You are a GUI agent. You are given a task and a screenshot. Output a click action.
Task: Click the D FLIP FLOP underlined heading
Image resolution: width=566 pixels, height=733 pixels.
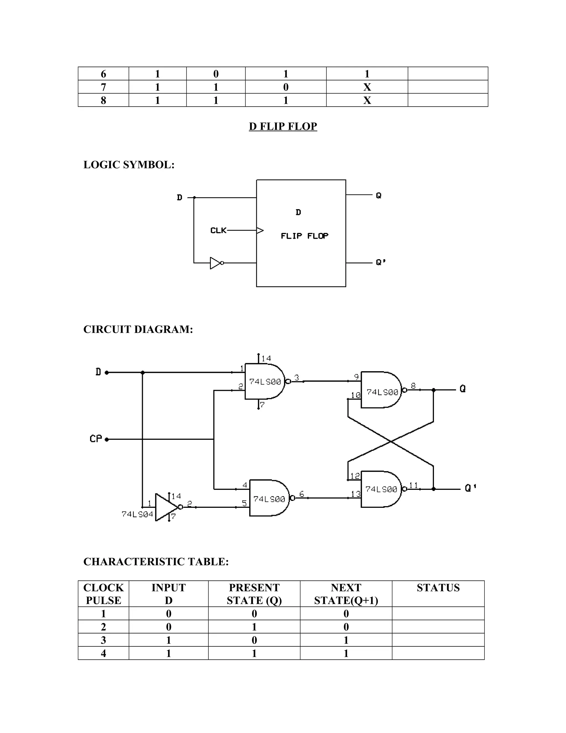[x=283, y=126]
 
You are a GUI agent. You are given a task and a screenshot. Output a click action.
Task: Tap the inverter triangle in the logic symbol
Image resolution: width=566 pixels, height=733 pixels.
[x=215, y=263]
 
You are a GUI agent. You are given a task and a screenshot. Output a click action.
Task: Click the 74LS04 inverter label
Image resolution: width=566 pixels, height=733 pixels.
[x=137, y=514]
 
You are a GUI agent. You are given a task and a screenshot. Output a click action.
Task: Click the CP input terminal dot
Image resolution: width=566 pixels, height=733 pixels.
[x=107, y=439]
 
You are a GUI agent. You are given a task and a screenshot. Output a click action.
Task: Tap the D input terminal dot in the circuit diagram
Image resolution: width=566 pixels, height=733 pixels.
[x=107, y=372]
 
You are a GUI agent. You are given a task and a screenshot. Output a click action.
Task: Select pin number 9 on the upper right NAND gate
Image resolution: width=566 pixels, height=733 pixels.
[x=356, y=376]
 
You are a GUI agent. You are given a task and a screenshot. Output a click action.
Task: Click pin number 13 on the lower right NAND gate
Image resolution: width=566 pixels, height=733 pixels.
[x=355, y=494]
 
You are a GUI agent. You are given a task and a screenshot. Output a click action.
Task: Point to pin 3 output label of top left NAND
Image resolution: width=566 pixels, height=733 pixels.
[x=297, y=378]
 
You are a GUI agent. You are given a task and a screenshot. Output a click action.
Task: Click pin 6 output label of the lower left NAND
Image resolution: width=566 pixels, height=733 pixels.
[x=302, y=494]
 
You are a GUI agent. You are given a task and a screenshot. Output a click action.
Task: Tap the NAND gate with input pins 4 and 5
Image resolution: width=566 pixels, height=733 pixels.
[x=269, y=498]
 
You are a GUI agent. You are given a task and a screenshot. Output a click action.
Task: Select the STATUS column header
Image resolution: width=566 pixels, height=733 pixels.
[x=438, y=588]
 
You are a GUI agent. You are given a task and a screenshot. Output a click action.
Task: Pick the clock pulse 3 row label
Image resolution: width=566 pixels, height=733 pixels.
[x=103, y=640]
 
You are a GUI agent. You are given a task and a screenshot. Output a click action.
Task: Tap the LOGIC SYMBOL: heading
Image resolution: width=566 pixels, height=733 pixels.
[x=129, y=165]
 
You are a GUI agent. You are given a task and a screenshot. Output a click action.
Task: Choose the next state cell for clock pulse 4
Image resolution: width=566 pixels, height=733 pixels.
[x=346, y=653]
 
